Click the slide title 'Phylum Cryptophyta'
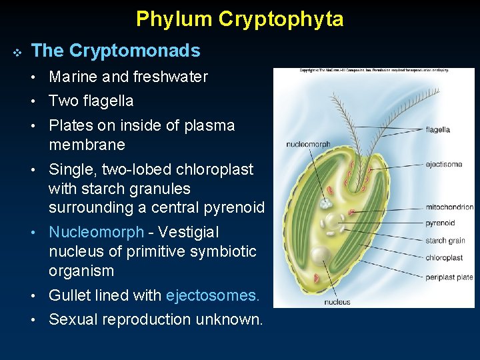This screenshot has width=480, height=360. point(240,19)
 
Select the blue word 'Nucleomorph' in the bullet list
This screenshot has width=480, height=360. point(96,232)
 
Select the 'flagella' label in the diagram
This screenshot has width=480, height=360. point(438,130)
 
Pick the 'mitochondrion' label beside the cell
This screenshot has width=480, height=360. point(449,207)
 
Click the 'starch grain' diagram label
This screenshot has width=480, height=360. point(445,241)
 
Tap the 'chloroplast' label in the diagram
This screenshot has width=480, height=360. point(443,258)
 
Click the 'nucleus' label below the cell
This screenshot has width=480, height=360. point(337,302)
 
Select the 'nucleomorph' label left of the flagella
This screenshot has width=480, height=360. point(308,144)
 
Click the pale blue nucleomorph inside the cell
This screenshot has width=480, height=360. point(326,203)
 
